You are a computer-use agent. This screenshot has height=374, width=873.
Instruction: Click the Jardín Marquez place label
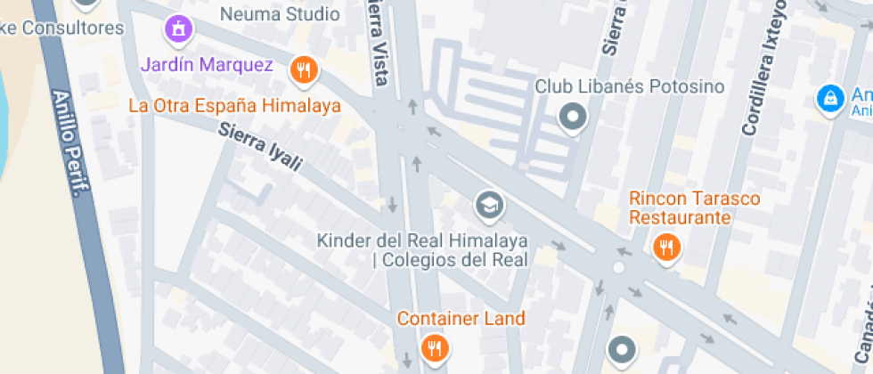(x=207, y=65)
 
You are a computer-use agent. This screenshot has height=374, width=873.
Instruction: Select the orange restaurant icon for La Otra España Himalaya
(x=305, y=69)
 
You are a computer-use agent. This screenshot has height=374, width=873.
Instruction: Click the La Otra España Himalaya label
(x=235, y=105)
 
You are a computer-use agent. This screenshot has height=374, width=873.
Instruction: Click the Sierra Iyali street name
(x=261, y=147)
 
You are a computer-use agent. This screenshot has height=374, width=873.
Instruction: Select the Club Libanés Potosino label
(x=629, y=86)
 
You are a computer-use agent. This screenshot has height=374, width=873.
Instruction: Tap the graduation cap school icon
(x=488, y=206)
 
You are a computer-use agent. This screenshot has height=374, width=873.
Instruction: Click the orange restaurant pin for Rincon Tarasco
(x=666, y=247)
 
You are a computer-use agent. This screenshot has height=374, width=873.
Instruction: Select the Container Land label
(x=461, y=318)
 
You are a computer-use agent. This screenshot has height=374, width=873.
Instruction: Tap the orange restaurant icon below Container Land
(x=435, y=347)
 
